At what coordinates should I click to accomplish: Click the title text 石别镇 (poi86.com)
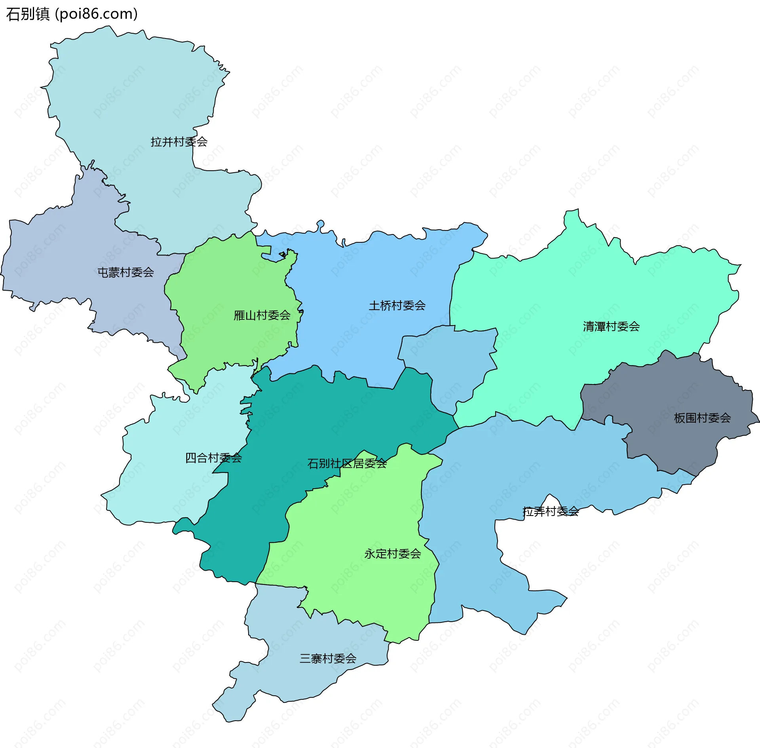click(x=72, y=14)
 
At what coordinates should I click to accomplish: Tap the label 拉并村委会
click(x=179, y=142)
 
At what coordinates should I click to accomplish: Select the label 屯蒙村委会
click(x=125, y=272)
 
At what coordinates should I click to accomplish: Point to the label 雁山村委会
click(x=262, y=316)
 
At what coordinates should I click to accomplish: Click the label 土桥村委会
click(x=397, y=306)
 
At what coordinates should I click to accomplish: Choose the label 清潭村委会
click(x=611, y=327)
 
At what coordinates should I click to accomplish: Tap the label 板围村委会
click(x=702, y=418)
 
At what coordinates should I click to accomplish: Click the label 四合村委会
click(x=213, y=458)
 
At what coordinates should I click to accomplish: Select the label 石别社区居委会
click(x=347, y=464)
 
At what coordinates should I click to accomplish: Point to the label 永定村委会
click(x=392, y=554)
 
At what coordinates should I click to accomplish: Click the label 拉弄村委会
click(x=551, y=512)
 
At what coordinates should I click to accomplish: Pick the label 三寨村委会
click(x=328, y=659)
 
